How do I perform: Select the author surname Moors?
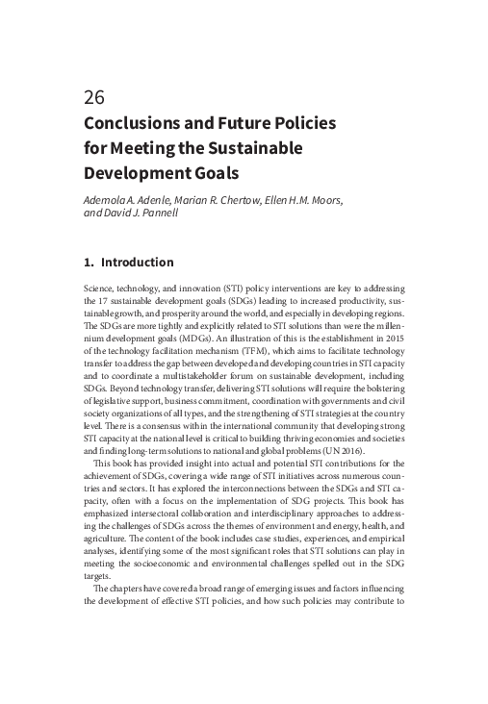click(x=322, y=199)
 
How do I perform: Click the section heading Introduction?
click(x=137, y=262)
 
